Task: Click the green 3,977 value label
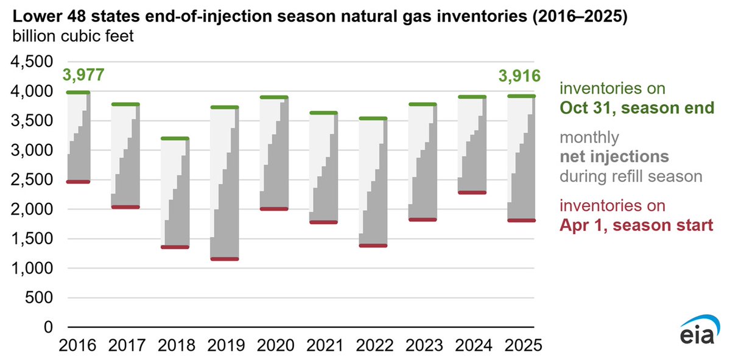click(82, 76)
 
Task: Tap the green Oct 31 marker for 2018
click(175, 138)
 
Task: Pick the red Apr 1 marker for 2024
click(472, 192)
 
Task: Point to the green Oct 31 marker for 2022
click(373, 118)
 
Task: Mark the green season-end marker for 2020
click(273, 97)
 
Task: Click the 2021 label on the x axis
click(323, 346)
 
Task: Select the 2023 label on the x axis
click(422, 346)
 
